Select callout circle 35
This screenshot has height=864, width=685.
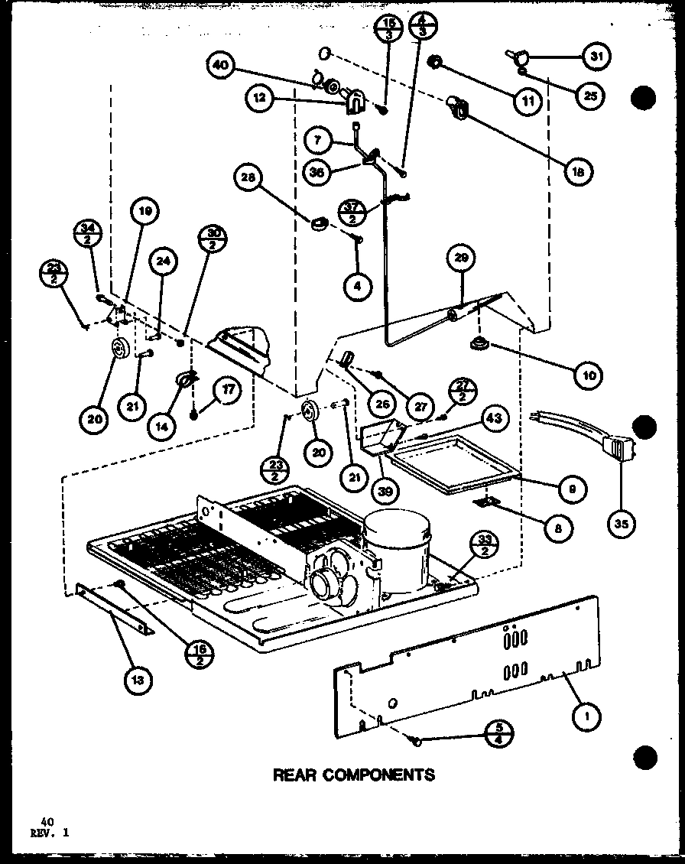620,525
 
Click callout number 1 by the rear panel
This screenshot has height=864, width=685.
588,716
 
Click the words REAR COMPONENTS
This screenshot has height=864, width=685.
354,775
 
